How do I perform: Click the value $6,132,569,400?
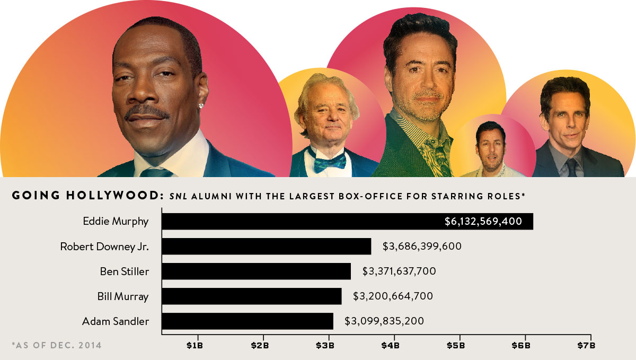click(x=483, y=221)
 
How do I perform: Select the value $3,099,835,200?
click(x=384, y=321)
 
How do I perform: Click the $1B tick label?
click(x=195, y=346)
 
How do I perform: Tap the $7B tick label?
click(x=587, y=346)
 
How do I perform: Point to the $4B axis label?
click(x=391, y=346)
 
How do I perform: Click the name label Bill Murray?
click(x=123, y=296)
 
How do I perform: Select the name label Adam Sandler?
click(x=116, y=321)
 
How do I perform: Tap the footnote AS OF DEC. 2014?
click(x=56, y=346)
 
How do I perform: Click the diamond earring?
click(x=201, y=106)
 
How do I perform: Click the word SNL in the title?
click(x=179, y=196)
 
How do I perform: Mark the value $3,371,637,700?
click(x=399, y=271)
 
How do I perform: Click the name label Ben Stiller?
click(x=125, y=271)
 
